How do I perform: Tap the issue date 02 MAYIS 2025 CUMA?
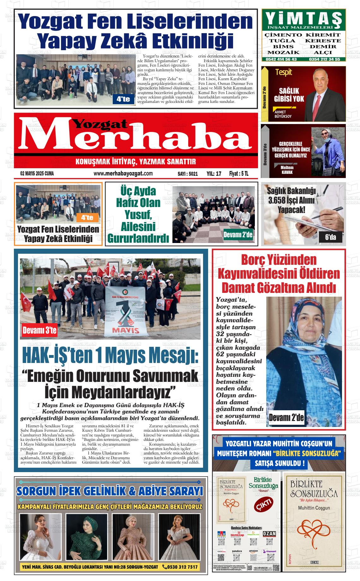(37, 174)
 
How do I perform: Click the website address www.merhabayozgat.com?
(123, 174)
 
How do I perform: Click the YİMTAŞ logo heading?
(303, 19)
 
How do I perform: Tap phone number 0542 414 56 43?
(281, 59)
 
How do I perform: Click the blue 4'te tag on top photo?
(123, 99)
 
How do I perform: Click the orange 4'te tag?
(87, 217)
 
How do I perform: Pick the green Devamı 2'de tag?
(238, 235)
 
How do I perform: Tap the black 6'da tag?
(331, 237)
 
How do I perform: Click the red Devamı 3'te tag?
(39, 330)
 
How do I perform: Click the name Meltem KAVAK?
(287, 170)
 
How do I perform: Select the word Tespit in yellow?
(284, 72)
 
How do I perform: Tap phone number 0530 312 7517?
(180, 567)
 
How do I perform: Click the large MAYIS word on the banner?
(125, 330)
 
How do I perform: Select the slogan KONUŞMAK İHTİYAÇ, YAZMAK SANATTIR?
(136, 162)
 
